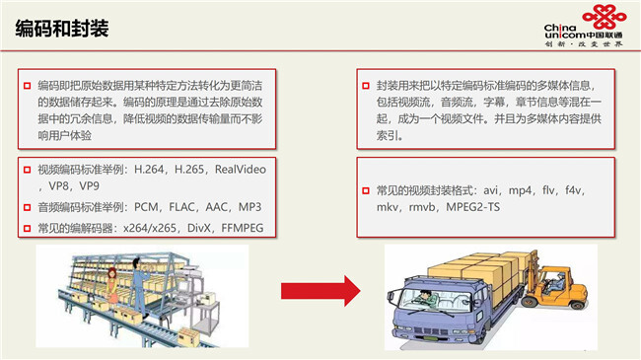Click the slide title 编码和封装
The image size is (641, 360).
click(62, 29)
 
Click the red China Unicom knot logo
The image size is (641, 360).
click(605, 17)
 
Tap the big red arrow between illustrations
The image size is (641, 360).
click(320, 291)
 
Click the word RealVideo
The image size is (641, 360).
click(241, 170)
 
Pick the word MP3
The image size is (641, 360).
click(249, 207)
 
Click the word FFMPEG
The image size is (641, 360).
click(243, 228)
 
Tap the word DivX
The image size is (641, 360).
click(198, 228)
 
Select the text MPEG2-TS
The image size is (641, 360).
click(473, 207)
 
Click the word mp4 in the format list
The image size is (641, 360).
click(520, 190)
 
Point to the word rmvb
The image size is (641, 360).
click(422, 207)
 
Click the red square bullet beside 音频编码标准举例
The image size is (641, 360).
click(27, 207)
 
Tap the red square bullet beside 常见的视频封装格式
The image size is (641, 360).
click(366, 190)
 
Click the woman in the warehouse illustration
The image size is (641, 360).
click(111, 286)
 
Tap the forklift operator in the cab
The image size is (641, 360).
click(557, 281)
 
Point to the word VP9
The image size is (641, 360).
click(89, 186)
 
